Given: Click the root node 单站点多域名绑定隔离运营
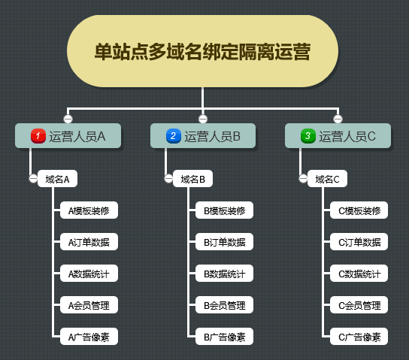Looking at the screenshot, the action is (x=202, y=51).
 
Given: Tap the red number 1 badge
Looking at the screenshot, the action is (x=38, y=136).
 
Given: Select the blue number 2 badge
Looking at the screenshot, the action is (x=174, y=136).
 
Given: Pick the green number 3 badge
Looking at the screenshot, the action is (x=308, y=136).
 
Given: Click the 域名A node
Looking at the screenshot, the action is (x=57, y=179).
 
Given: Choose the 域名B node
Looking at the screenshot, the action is (x=192, y=179).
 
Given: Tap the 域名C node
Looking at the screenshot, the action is (x=327, y=179).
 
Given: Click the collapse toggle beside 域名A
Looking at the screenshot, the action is (x=33, y=179).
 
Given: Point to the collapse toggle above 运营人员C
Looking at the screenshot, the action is (x=338, y=119).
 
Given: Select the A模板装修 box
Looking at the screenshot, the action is (x=89, y=210).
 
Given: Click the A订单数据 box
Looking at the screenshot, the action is (x=89, y=242).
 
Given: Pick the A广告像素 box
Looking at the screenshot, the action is (x=89, y=336).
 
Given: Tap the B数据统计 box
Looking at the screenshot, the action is (x=224, y=273).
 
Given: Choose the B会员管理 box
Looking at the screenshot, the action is (x=224, y=304).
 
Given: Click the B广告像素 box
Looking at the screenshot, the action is (x=224, y=336).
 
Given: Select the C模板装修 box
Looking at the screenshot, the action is (x=359, y=210).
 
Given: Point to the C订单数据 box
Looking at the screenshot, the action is (x=359, y=242).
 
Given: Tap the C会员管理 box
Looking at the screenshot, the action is (x=359, y=304).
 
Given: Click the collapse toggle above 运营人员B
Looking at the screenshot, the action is (x=203, y=119).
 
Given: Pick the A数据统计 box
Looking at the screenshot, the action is (x=89, y=273).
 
